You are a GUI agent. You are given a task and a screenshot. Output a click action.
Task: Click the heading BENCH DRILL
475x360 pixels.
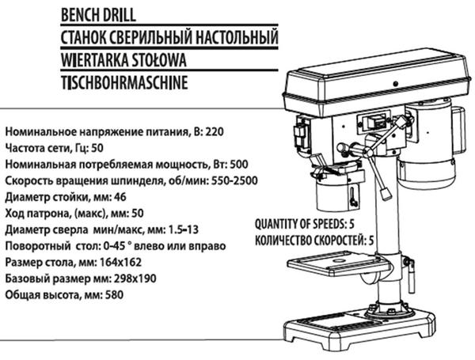coord(98,15)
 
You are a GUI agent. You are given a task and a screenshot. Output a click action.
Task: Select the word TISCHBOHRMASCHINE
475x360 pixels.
coord(124,82)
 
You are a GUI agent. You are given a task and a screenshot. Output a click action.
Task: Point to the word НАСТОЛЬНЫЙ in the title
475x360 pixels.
coord(236,37)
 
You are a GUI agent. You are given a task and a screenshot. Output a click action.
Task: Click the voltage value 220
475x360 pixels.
coord(215,131)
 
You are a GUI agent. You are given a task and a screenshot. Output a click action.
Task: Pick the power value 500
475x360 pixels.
coord(239,165)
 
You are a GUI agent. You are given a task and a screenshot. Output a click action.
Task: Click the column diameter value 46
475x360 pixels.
coord(120,197)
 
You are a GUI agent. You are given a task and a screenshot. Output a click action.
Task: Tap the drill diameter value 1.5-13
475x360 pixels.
coord(184,229)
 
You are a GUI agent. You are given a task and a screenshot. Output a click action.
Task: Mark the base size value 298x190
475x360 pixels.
coord(135,279)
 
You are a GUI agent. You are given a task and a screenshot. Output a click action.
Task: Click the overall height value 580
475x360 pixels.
coord(114,294)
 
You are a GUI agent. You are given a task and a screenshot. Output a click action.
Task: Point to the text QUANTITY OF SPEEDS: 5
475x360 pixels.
coord(305,224)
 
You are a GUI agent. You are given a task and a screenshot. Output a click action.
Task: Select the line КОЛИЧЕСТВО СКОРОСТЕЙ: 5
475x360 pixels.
coord(314,241)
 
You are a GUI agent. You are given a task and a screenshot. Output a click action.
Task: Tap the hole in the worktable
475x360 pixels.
coord(338,260)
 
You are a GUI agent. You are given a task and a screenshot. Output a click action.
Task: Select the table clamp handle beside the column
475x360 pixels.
coord(410,275)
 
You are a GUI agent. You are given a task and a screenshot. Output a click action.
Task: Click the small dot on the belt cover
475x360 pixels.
coord(395,83)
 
